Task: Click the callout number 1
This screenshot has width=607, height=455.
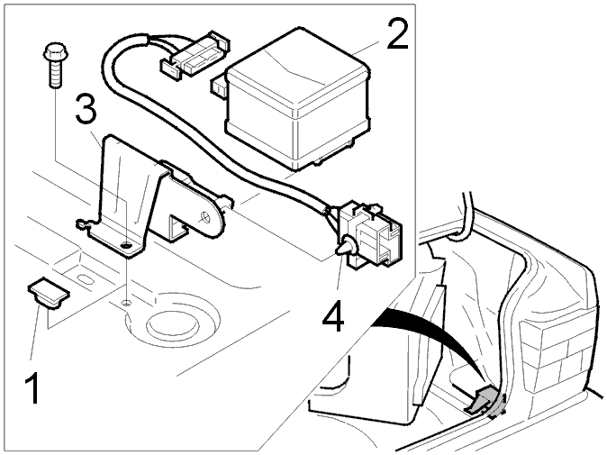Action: click(x=32, y=387)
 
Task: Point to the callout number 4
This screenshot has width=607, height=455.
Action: click(x=333, y=317)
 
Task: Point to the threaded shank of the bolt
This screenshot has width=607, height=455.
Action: click(x=56, y=74)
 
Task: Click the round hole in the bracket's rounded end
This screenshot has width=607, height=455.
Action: click(x=205, y=217)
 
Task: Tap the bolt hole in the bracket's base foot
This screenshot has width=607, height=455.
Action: click(x=126, y=245)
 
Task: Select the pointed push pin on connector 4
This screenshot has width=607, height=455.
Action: click(x=346, y=246)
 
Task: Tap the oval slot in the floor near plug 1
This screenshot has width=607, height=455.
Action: click(x=85, y=278)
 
